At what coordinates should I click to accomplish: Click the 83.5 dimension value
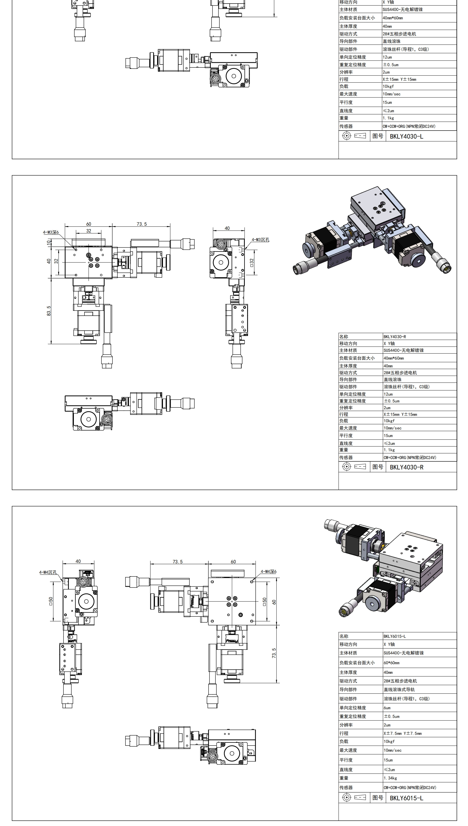pyautogui.click(x=49, y=311)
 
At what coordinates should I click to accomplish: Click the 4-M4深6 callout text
pyautogui.click(x=268, y=571)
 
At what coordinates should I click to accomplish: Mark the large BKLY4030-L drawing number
pyautogui.click(x=406, y=136)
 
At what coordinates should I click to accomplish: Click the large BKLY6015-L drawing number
pyautogui.click(x=406, y=798)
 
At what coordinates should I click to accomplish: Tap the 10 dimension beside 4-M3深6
pyautogui.click(x=49, y=243)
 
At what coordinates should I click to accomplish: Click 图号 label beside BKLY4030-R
pyautogui.click(x=378, y=467)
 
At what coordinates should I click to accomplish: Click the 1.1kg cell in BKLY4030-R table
pyautogui.click(x=389, y=450)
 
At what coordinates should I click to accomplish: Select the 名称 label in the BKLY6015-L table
pyautogui.click(x=344, y=636)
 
